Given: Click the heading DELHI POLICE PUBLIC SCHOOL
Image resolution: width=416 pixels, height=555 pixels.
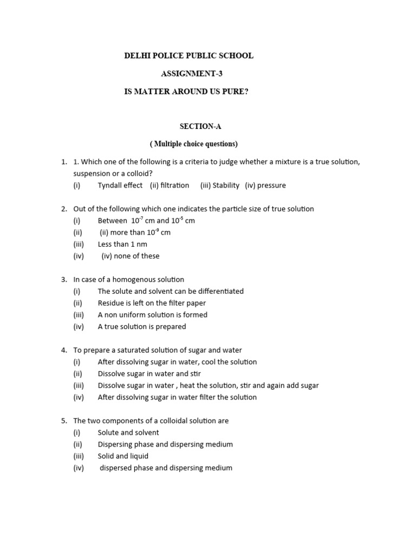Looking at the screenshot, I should pyautogui.click(x=188, y=56).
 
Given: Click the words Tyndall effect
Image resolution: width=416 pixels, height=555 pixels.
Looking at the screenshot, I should pyautogui.click(x=120, y=185).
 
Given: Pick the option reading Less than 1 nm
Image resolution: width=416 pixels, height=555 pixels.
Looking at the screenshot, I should pyautogui.click(x=122, y=244).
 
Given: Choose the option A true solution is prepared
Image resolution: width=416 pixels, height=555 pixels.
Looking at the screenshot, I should pyautogui.click(x=142, y=327).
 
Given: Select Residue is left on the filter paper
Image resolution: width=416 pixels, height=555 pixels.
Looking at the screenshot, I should pyautogui.click(x=152, y=303).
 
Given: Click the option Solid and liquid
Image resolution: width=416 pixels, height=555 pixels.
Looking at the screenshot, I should pyautogui.click(x=123, y=456).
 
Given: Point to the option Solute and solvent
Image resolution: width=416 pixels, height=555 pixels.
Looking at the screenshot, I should pyautogui.click(x=128, y=433).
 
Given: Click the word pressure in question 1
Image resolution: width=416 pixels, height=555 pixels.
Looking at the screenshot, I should pyautogui.click(x=271, y=185).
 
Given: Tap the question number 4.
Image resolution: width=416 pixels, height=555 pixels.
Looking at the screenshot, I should pyautogui.click(x=63, y=351).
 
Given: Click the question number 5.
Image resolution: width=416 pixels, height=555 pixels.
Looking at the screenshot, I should pyautogui.click(x=63, y=421).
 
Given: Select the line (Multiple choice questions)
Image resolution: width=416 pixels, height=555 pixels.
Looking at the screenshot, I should pyautogui.click(x=194, y=144).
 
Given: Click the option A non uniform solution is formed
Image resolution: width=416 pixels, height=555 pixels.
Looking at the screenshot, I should pyautogui.click(x=153, y=315).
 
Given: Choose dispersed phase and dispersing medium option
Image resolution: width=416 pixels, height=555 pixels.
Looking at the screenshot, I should pyautogui.click(x=166, y=468).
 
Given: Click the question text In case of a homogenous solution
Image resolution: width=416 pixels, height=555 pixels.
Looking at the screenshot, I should pyautogui.click(x=129, y=280).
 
